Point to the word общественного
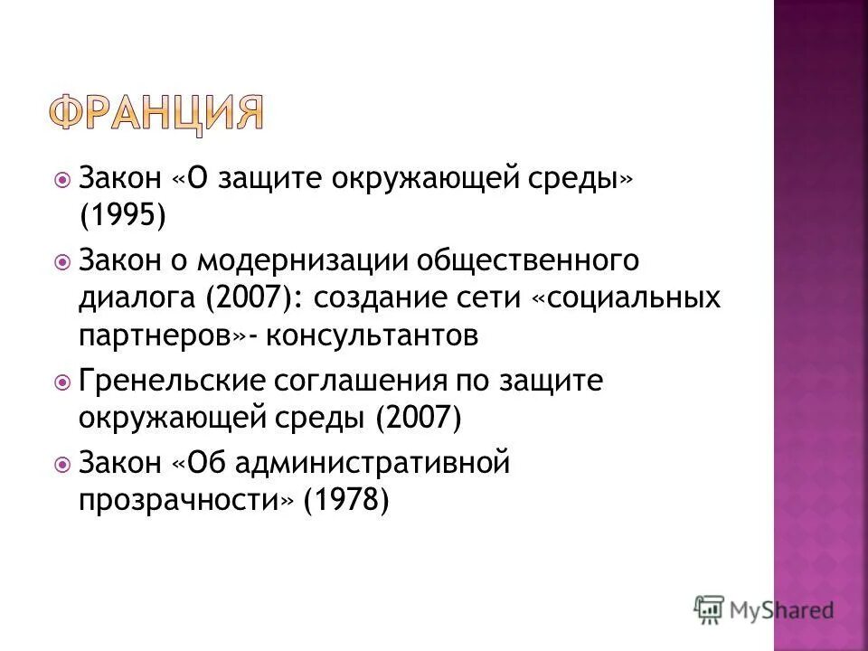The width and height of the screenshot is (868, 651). pos(527,262)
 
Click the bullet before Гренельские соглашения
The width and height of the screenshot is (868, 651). pos(61,382)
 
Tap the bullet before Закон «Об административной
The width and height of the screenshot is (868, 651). pos(61,465)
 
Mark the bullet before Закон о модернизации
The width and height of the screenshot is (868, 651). pos(61,263)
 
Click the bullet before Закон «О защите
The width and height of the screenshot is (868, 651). pos(61,180)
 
